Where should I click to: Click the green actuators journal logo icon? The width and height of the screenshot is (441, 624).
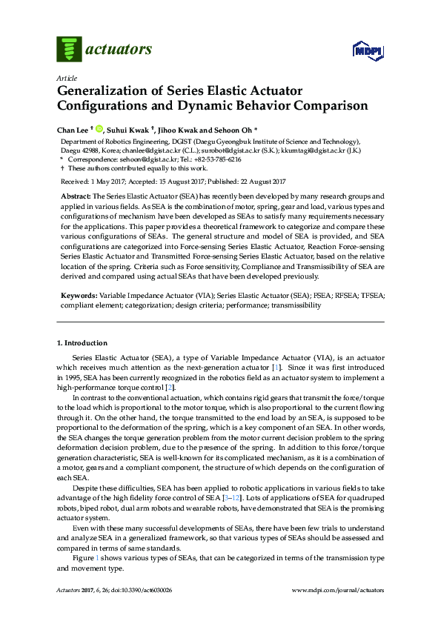pos(70,49)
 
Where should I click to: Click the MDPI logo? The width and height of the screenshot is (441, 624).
pos(369,50)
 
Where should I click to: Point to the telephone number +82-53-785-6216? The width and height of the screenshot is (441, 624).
pos(217,159)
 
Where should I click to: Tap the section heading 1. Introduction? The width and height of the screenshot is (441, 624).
pos(82,343)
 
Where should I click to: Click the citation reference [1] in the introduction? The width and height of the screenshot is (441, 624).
pos(275,368)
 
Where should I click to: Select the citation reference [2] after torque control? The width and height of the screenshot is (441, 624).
pos(170,388)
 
